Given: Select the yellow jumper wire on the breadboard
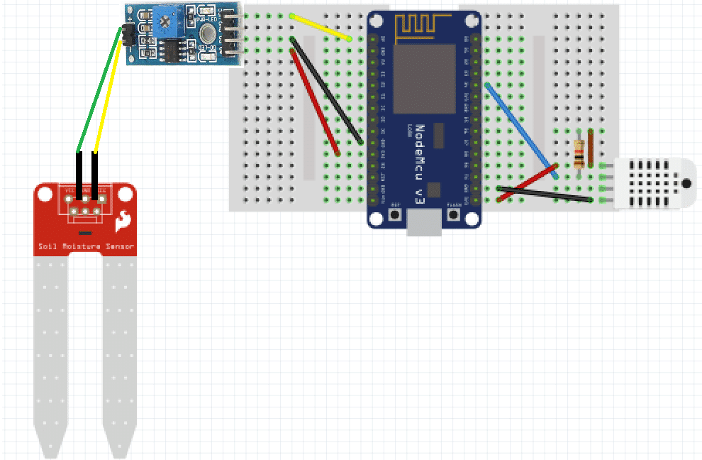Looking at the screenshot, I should click(x=321, y=26).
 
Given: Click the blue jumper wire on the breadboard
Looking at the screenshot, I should click(x=521, y=130).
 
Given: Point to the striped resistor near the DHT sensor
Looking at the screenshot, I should click(x=580, y=151).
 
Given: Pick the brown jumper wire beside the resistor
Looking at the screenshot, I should click(x=591, y=149).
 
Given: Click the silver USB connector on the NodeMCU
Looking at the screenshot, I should click(x=424, y=224).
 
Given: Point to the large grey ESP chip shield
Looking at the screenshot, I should click(x=424, y=78).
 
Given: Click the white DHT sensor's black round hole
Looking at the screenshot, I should click(x=686, y=182).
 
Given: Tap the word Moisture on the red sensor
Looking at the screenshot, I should click(x=81, y=247).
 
